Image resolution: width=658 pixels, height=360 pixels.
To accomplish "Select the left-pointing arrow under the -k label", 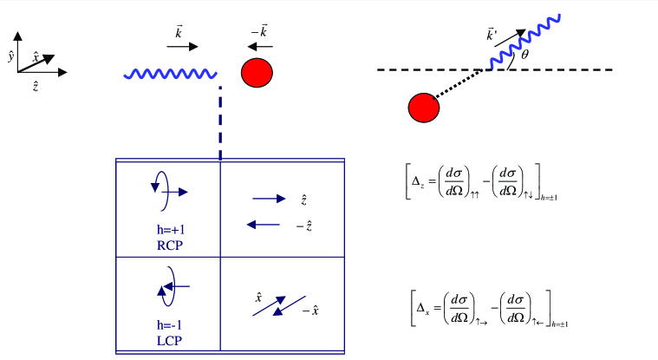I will click(x=257, y=46).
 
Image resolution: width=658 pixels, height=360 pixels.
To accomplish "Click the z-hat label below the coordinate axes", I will click(x=35, y=86).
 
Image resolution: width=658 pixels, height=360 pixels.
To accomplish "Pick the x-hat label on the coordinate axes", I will click(x=36, y=57).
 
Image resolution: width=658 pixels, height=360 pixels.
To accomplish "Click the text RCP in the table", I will click(x=171, y=245).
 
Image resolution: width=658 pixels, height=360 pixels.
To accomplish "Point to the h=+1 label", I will click(x=171, y=231).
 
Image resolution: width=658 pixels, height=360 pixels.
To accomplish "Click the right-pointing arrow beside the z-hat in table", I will click(x=269, y=200).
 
